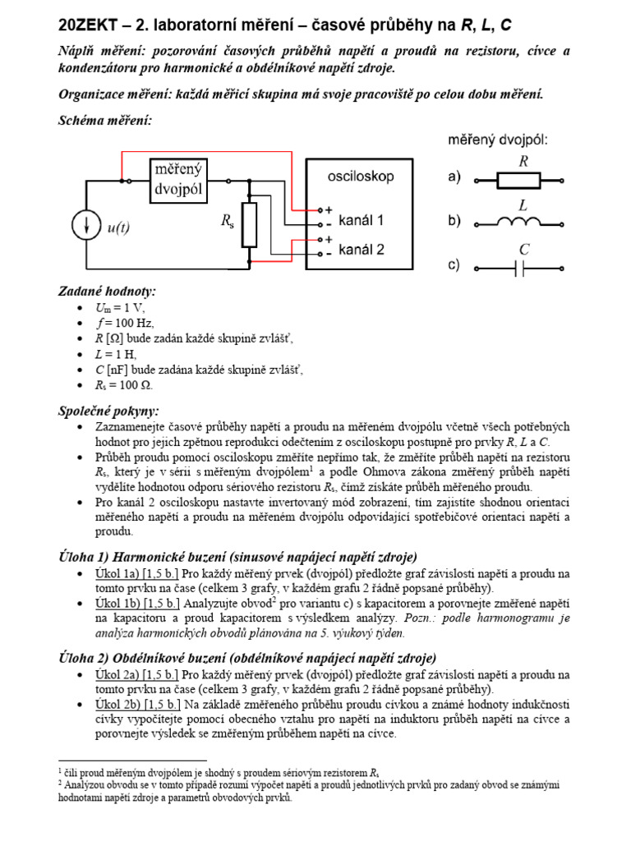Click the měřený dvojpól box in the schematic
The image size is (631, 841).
coord(179,182)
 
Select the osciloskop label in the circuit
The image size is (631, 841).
coord(361,177)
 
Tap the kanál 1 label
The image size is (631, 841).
coord(362,220)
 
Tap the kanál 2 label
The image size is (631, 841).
coord(362,248)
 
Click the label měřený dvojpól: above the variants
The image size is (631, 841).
coord(498,140)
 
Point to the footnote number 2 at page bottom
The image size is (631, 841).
coord(61,783)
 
